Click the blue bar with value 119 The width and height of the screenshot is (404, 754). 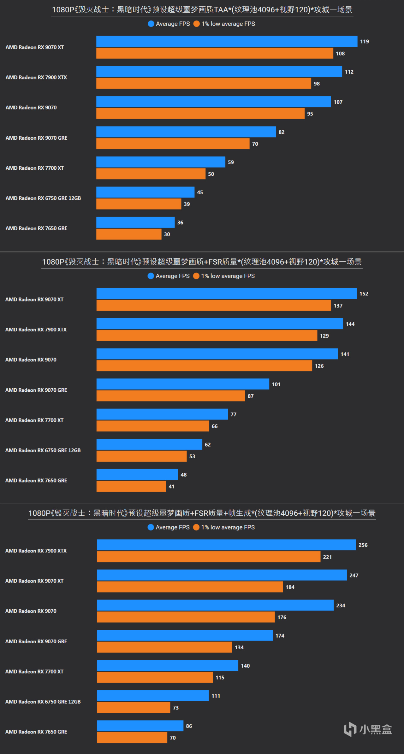(x=227, y=41)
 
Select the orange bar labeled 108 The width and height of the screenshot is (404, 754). (x=215, y=53)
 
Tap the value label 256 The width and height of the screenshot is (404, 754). (x=363, y=545)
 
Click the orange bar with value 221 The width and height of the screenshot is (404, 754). (x=208, y=557)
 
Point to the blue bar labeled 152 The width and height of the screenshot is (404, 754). (x=227, y=294)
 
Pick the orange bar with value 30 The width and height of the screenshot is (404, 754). (x=129, y=234)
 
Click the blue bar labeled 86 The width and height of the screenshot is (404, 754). (x=140, y=726)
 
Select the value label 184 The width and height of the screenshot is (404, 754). (x=290, y=587)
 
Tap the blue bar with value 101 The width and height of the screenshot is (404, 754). (x=183, y=384)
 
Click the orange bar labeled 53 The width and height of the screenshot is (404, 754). (x=141, y=456)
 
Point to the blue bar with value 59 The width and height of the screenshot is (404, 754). (x=161, y=162)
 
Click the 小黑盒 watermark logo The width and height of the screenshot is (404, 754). (x=368, y=729)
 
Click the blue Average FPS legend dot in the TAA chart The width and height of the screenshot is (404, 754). (x=151, y=24)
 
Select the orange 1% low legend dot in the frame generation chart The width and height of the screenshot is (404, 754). (x=196, y=527)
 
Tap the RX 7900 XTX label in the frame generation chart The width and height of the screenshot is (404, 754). (x=36, y=551)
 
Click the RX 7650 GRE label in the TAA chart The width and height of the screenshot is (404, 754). (x=36, y=228)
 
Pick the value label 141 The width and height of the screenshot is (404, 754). (x=345, y=354)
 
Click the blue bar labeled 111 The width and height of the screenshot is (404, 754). (x=153, y=696)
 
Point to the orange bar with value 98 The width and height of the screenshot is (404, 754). (x=204, y=84)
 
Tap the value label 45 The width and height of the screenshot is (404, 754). (x=200, y=192)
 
